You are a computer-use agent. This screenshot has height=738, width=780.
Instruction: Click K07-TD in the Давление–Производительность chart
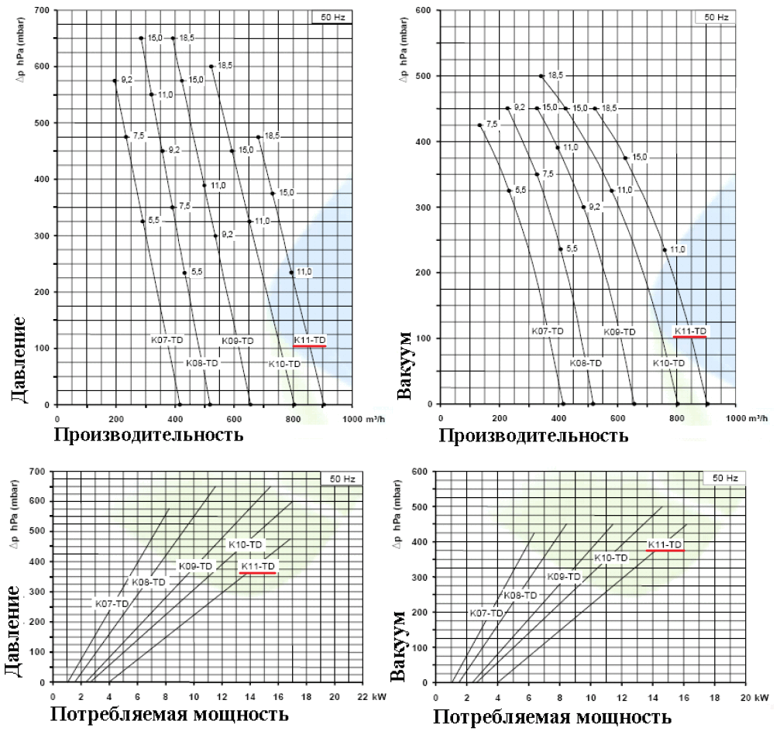pos(167,339)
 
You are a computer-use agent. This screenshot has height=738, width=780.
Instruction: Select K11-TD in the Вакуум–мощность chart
pos(665,544)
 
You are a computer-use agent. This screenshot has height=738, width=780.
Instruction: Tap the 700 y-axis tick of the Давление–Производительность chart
pos(42,10)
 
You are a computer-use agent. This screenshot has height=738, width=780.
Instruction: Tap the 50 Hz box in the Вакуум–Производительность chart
pos(715,16)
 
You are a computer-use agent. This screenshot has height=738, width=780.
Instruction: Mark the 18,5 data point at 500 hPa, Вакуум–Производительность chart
pos(541,76)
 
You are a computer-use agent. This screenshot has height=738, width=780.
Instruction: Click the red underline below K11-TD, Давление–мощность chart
pos(258,573)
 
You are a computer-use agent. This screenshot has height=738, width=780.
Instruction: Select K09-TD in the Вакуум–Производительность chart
pos(619,331)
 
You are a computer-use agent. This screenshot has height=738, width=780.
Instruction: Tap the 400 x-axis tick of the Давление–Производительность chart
pos(177,419)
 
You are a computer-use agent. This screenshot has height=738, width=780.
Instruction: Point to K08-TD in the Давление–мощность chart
pos(147,582)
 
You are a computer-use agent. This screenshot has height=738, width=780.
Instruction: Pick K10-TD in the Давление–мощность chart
pos(245,545)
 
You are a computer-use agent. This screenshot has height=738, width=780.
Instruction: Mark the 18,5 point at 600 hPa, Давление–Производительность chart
pos(211,67)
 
